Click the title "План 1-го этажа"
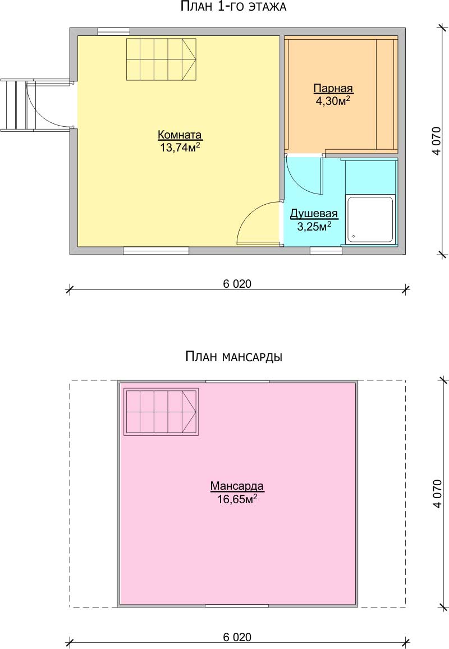coord(233,7)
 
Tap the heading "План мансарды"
coord(233,356)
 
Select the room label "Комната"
coord(180,135)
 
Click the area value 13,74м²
coord(180,148)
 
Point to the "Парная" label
coord(333,89)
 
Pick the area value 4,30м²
coord(333,100)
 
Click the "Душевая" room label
coord(314,214)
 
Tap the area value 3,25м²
coord(314,226)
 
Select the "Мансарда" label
coord(237,486)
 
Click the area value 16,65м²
coord(237,499)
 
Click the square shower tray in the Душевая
coord(370,219)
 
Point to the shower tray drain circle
coord(354,236)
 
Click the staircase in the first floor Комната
coord(161,59)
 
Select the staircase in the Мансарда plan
coord(161,412)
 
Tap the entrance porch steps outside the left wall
coord(17,105)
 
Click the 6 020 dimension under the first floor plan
coord(237,284)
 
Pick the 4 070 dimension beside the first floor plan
coord(437,141)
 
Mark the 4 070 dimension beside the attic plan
coord(437,494)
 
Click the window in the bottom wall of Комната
coord(156,250)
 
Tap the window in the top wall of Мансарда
coord(237,381)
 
